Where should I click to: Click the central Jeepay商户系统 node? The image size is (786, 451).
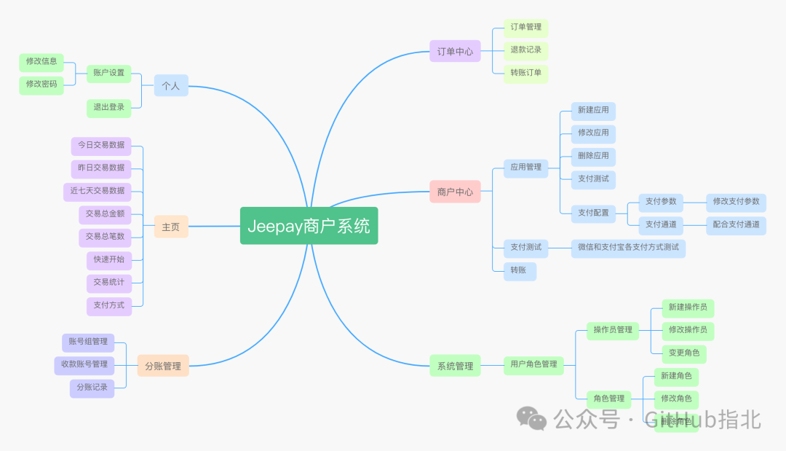tap(309, 226)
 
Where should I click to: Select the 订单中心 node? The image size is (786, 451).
tap(455, 51)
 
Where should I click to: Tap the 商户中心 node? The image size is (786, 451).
tap(455, 192)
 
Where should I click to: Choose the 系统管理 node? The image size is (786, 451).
tap(455, 366)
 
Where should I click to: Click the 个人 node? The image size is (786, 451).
tap(171, 85)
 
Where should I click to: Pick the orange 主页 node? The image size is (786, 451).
tap(171, 227)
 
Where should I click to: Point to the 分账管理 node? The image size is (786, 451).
tap(163, 366)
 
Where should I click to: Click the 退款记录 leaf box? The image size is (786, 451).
tap(525, 50)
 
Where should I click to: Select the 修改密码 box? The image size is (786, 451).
tap(41, 85)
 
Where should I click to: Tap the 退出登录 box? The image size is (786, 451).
tap(108, 108)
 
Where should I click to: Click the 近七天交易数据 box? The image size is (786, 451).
tap(98, 191)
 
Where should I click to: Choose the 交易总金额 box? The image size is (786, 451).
tap(105, 214)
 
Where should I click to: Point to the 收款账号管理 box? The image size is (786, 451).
tap(84, 364)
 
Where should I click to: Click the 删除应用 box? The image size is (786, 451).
tap(593, 156)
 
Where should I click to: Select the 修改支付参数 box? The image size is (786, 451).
tap(736, 202)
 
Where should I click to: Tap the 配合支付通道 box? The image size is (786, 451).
tap(736, 225)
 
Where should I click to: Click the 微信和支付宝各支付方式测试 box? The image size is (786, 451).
tap(628, 248)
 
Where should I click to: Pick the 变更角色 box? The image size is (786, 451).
tap(684, 353)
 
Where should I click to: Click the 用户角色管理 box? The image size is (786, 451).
tap(533, 364)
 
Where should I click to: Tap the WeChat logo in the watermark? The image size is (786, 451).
tap(532, 418)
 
